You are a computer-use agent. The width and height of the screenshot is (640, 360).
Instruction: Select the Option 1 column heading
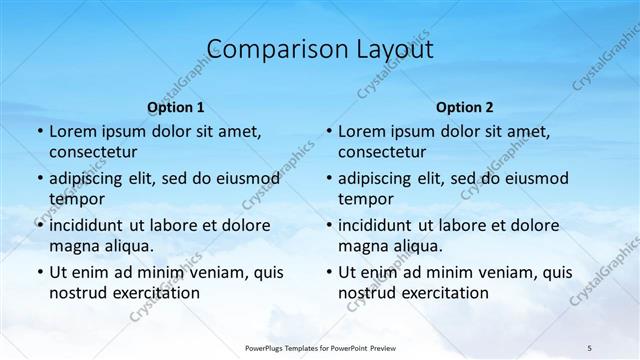point(176,107)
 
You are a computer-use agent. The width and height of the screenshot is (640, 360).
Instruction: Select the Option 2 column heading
point(465,107)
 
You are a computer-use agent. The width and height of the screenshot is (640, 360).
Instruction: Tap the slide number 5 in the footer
point(589,347)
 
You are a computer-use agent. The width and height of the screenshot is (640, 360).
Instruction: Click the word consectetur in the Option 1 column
point(93,152)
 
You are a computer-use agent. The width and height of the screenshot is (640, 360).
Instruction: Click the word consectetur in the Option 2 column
point(382,152)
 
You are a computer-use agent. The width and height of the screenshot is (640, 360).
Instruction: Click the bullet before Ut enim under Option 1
point(39,272)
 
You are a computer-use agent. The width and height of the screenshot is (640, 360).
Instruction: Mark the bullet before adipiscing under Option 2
point(328,179)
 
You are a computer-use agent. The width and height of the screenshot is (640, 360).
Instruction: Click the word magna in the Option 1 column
point(72,246)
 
